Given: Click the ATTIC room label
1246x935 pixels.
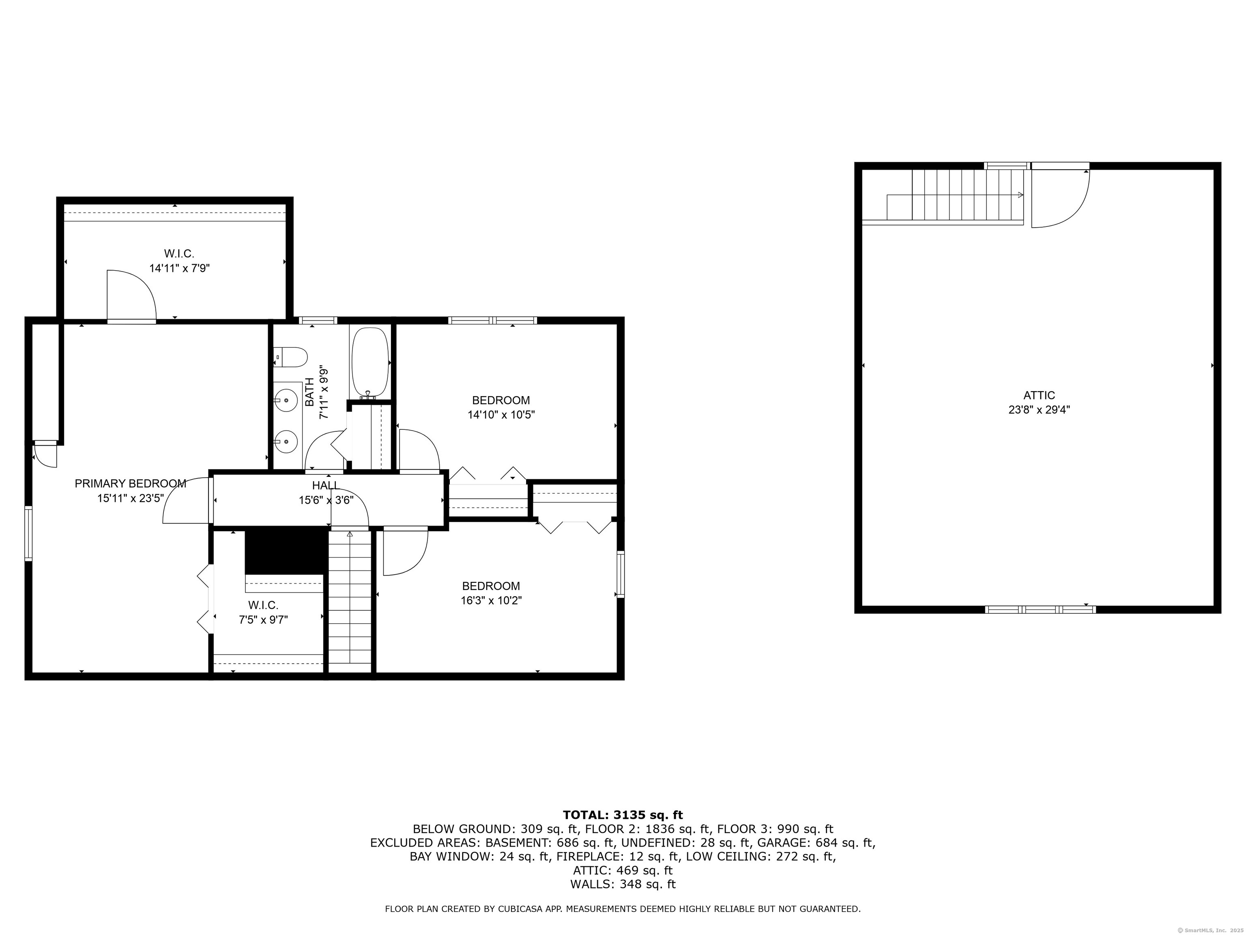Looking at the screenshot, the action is (x=1039, y=396).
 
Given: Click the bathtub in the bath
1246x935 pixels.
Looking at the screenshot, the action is (x=370, y=363).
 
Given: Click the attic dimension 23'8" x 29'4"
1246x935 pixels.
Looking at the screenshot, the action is (x=1039, y=410).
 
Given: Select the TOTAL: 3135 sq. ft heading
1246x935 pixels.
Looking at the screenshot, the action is (x=623, y=815).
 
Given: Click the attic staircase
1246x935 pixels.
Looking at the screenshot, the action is (x=955, y=195).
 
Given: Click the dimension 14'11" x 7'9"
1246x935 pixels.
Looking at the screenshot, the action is (x=179, y=268).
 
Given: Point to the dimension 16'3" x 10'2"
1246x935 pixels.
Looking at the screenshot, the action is (x=491, y=601).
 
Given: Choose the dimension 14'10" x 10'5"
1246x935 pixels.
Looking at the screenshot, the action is (x=501, y=415).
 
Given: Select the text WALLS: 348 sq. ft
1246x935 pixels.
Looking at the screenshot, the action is (x=623, y=884).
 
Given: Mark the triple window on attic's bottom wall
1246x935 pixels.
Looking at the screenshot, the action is (x=1040, y=609).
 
